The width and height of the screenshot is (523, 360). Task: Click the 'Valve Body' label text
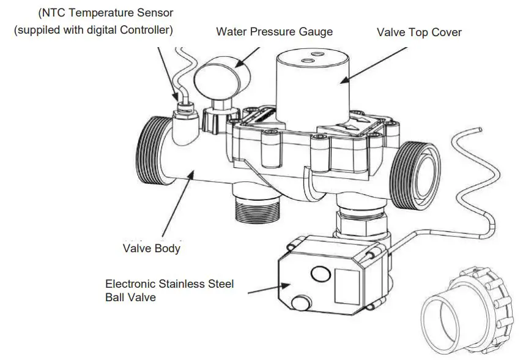pyautogui.click(x=152, y=248)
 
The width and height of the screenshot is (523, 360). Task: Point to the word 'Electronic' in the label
pyautogui.click(x=130, y=284)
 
